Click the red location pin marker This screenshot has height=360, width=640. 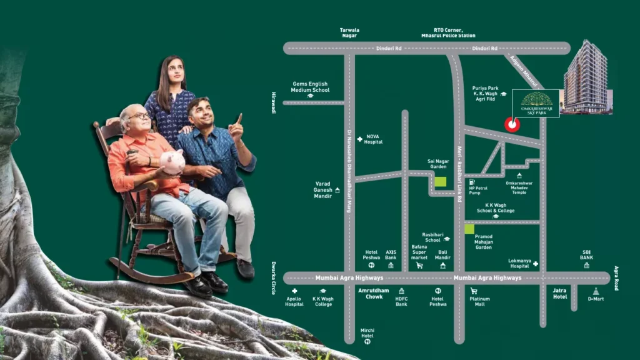point(512,124)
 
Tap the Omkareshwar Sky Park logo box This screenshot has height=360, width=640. point(536,102)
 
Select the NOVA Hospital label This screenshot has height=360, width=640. point(372,139)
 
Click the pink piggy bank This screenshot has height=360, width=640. point(172,161)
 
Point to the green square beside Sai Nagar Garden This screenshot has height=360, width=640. point(441,182)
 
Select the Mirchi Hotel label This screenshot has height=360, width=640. point(367,332)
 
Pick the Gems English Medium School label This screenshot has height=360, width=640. point(309,87)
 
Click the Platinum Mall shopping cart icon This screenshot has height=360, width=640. point(473,291)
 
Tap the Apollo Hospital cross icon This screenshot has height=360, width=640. point(294,291)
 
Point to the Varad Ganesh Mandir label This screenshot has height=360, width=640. point(322,189)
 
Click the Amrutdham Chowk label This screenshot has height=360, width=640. point(373,293)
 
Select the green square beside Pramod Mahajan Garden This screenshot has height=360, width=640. point(469,229)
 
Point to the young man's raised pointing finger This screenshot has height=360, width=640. point(240,117)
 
